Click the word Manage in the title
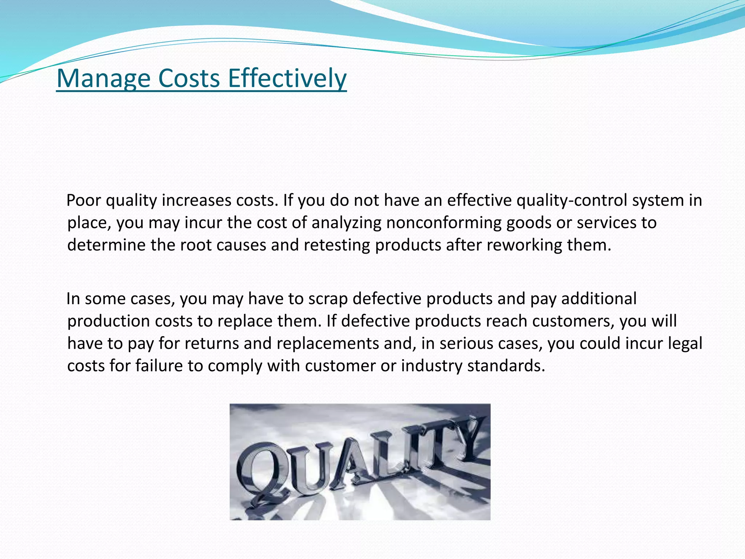pos(103,79)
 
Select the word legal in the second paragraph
pos(685,344)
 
